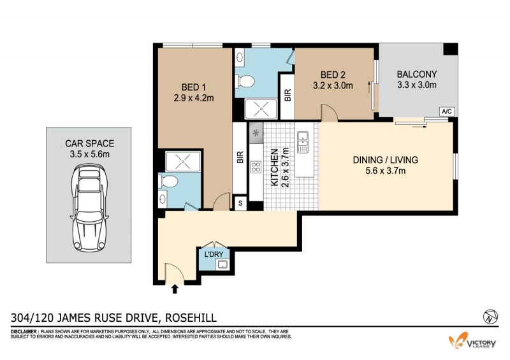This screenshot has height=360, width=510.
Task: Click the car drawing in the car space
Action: click(x=89, y=208)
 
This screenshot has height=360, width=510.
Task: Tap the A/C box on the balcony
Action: click(x=447, y=112)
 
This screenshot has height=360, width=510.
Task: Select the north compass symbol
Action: click(x=490, y=316)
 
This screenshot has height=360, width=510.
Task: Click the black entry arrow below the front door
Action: click(x=175, y=289)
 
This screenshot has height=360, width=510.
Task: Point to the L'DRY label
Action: click(x=214, y=254)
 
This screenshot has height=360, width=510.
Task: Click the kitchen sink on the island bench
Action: click(x=303, y=142)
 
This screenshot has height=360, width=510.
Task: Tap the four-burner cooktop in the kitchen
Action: click(x=256, y=167)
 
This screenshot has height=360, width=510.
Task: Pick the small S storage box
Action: click(x=240, y=203)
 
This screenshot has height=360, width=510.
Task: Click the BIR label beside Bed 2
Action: click(x=288, y=95)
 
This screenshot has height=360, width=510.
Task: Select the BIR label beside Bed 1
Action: click(x=240, y=157)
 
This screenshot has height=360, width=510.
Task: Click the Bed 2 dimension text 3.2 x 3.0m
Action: click(x=333, y=85)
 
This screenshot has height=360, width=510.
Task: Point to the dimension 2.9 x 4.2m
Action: click(x=194, y=98)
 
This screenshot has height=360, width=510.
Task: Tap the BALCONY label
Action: click(x=417, y=74)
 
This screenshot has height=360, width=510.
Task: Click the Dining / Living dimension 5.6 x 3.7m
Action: click(x=386, y=170)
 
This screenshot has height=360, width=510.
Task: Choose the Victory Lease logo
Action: click(x=472, y=341)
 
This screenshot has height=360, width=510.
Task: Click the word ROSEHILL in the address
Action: click(x=191, y=317)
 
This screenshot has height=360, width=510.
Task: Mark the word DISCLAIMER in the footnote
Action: click(x=24, y=332)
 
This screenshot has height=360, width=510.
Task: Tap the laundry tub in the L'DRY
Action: click(x=222, y=264)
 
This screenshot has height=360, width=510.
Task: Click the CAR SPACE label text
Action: click(x=89, y=143)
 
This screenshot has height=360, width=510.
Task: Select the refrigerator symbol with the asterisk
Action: click(x=256, y=133)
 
